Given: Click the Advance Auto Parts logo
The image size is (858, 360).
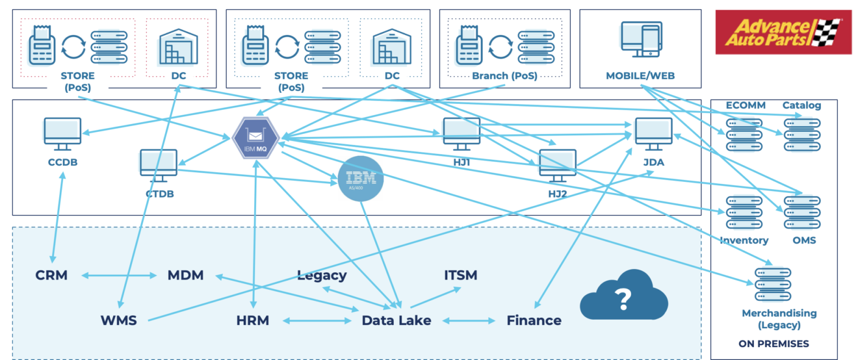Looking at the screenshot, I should (x=783, y=32).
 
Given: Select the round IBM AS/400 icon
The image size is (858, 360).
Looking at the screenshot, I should (x=361, y=178).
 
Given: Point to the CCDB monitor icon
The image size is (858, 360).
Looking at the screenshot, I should (x=62, y=134).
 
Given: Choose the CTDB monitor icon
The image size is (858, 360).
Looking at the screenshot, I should (x=158, y=165).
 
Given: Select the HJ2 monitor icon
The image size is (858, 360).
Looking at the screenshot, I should (x=557, y=165).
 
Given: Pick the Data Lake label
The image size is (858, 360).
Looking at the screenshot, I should (x=396, y=320).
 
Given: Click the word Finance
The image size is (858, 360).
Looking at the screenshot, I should (x=534, y=320).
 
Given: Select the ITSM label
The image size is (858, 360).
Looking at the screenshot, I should (x=460, y=276).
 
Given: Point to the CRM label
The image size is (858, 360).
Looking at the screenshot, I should (x=51, y=276).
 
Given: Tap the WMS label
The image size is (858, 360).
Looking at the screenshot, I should (x=118, y=320).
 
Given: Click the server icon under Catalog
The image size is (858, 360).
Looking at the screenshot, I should (x=801, y=135).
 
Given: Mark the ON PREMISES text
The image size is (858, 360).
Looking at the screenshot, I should (x=773, y=344).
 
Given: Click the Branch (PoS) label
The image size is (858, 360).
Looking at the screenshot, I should (x=505, y=76).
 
